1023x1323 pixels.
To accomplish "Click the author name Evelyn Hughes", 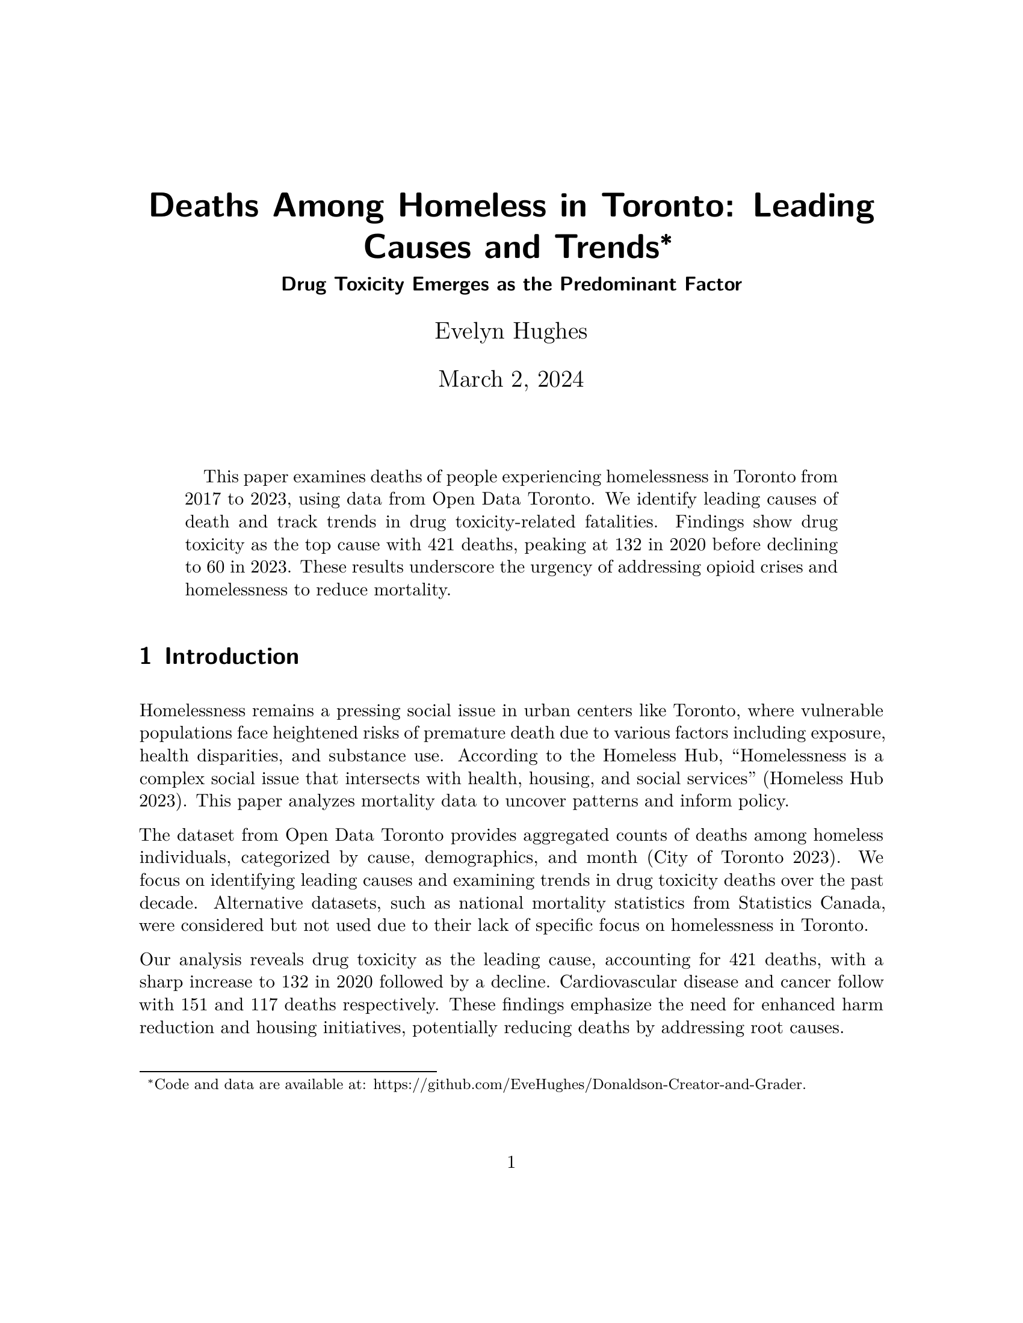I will coord(511,332).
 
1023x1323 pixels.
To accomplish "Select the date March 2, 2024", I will coord(511,380).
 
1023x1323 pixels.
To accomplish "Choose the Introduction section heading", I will coord(232,657).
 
